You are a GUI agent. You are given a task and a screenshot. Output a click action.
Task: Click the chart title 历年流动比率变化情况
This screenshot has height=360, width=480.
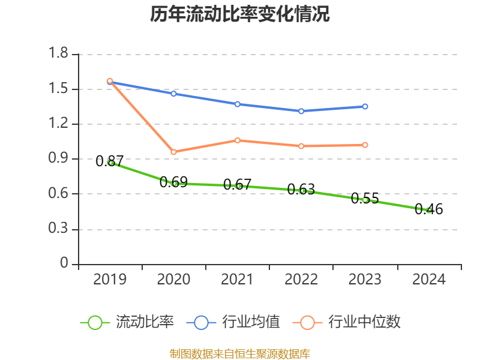(x=240, y=14)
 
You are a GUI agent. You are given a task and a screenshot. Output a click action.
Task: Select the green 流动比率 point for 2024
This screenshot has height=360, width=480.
(x=428, y=210)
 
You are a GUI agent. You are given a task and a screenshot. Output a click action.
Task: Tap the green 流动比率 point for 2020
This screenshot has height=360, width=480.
(x=174, y=183)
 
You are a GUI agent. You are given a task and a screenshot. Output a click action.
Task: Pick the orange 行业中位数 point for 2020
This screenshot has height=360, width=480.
(x=174, y=152)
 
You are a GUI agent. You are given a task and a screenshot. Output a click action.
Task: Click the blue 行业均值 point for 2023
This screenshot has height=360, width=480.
(x=365, y=106)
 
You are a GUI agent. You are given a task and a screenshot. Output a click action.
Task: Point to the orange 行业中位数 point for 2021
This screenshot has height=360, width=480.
(x=238, y=140)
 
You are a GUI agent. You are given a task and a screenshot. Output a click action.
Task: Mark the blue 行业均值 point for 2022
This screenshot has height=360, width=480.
(x=301, y=111)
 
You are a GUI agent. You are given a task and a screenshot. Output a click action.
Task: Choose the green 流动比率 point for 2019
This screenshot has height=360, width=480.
(x=110, y=162)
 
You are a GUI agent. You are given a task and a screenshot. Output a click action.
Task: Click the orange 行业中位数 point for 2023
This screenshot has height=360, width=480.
(x=365, y=145)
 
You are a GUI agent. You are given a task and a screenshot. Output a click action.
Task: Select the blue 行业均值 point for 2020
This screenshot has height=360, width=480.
(x=174, y=94)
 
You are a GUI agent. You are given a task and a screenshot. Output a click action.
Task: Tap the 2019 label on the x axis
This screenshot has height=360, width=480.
(x=110, y=280)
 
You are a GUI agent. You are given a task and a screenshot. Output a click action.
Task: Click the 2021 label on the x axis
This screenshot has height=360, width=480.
(x=238, y=280)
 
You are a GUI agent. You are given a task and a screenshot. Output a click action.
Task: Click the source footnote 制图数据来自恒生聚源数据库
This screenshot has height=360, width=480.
(x=240, y=353)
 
